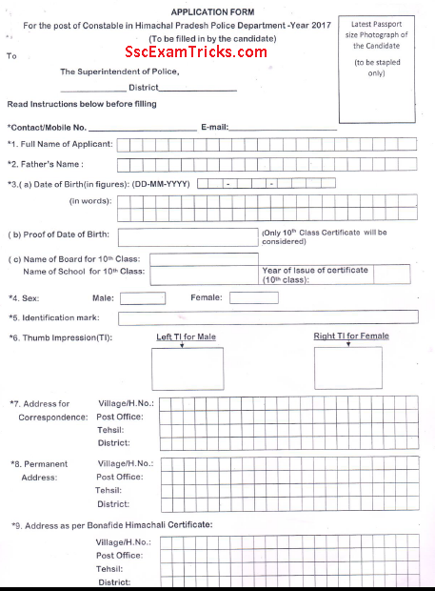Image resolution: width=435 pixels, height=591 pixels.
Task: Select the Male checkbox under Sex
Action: point(142,298)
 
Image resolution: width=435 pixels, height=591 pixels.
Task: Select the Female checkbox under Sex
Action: point(255,298)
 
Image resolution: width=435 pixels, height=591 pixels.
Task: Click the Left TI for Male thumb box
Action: point(187,370)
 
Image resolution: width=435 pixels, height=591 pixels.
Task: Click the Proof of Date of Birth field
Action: point(187,235)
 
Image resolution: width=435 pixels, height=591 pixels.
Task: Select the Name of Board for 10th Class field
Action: point(204,258)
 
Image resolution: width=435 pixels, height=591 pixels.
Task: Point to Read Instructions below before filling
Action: point(81,104)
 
